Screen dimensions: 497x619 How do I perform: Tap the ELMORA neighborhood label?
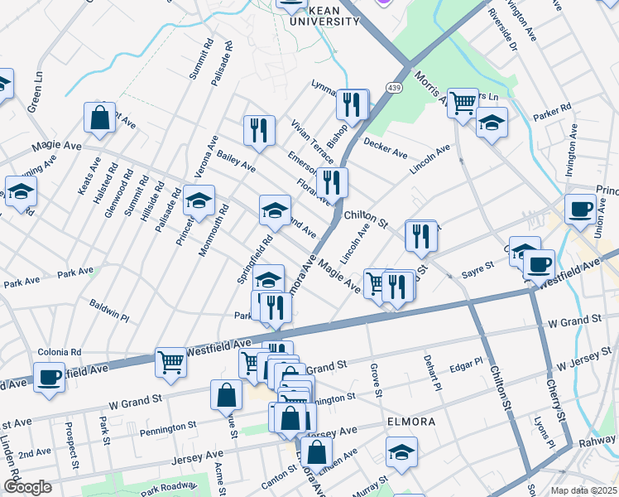coord(411,422)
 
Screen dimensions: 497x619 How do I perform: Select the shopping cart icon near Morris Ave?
coord(463,103)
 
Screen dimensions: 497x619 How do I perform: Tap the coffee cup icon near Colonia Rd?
coord(49,376)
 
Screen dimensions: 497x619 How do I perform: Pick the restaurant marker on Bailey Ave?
coord(259,129)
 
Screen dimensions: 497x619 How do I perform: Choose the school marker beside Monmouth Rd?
coord(199,200)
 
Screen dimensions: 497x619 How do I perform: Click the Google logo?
coord(26,487)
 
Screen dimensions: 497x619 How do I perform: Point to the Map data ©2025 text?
coord(583,490)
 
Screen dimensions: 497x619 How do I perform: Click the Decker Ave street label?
coord(386,152)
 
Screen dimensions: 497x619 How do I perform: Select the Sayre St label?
coord(477,266)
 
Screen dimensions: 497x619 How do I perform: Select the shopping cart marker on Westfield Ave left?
coord(170,360)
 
